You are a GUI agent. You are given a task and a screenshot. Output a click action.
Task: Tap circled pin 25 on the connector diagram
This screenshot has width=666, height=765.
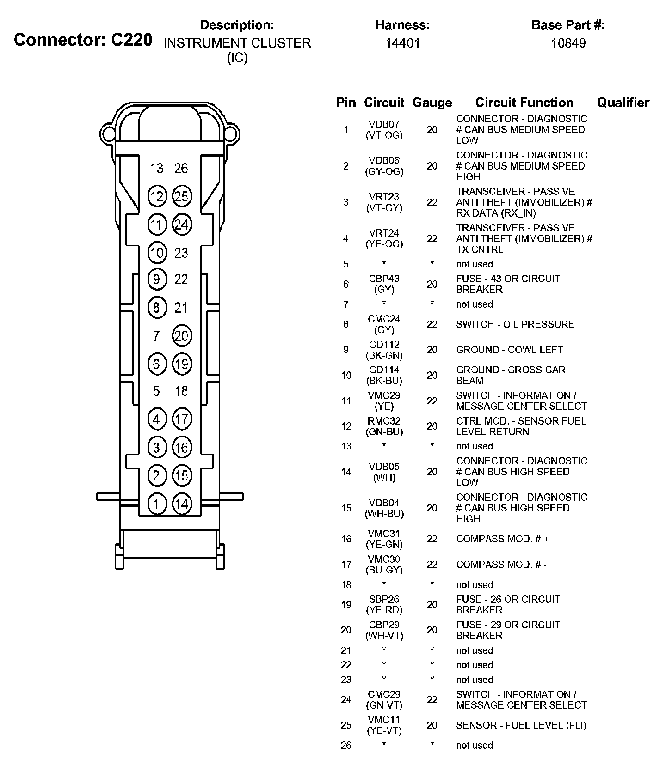(x=182, y=197)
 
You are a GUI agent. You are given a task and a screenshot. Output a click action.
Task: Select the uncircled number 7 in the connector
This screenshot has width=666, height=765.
(x=156, y=336)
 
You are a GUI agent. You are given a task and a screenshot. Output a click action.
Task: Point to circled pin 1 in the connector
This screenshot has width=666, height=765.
(x=157, y=503)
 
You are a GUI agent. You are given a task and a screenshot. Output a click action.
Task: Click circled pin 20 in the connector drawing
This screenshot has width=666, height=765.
(x=182, y=336)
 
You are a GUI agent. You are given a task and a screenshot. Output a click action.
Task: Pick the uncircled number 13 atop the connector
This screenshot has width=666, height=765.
(x=157, y=169)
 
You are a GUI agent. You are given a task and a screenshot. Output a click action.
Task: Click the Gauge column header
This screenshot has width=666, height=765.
(x=432, y=103)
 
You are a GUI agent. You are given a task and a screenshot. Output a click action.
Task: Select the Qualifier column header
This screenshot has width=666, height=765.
(x=623, y=103)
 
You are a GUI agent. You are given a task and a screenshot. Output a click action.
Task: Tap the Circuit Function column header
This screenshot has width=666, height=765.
(x=524, y=103)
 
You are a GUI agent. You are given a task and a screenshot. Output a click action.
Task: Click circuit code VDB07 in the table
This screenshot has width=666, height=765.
(x=384, y=124)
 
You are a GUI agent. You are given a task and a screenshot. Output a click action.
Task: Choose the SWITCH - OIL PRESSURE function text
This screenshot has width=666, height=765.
(x=515, y=324)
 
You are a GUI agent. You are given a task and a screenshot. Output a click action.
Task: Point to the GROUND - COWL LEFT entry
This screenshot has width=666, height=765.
(x=509, y=350)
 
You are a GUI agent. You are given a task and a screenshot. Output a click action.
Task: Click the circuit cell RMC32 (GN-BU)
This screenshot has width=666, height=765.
(x=384, y=426)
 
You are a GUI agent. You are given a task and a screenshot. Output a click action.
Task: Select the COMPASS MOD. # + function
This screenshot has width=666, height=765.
(x=502, y=539)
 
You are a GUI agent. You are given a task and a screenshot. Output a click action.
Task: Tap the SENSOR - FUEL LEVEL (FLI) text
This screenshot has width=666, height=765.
(x=521, y=725)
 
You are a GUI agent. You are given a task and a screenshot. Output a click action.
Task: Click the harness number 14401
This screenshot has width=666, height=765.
(x=403, y=43)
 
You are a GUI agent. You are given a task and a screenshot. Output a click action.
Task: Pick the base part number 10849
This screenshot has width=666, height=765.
(x=568, y=43)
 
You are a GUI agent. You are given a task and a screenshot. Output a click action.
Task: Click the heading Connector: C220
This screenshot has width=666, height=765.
(x=83, y=40)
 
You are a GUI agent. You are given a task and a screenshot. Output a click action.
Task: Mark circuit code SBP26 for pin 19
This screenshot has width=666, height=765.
(x=384, y=599)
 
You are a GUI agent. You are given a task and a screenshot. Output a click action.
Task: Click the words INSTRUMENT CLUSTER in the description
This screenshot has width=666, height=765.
(x=237, y=43)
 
